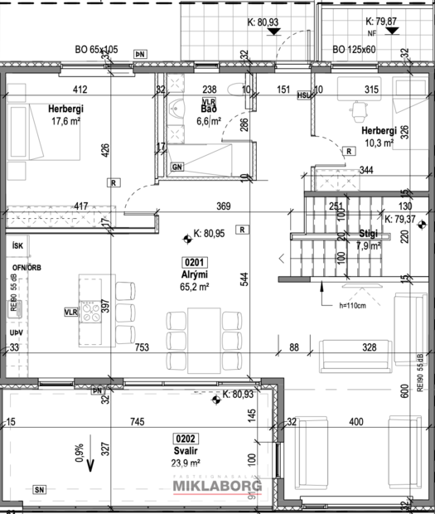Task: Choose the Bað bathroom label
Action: point(209,109)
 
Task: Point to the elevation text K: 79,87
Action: point(382,22)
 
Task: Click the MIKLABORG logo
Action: point(216,487)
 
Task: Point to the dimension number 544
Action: point(244,279)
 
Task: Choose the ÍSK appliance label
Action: point(16,247)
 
